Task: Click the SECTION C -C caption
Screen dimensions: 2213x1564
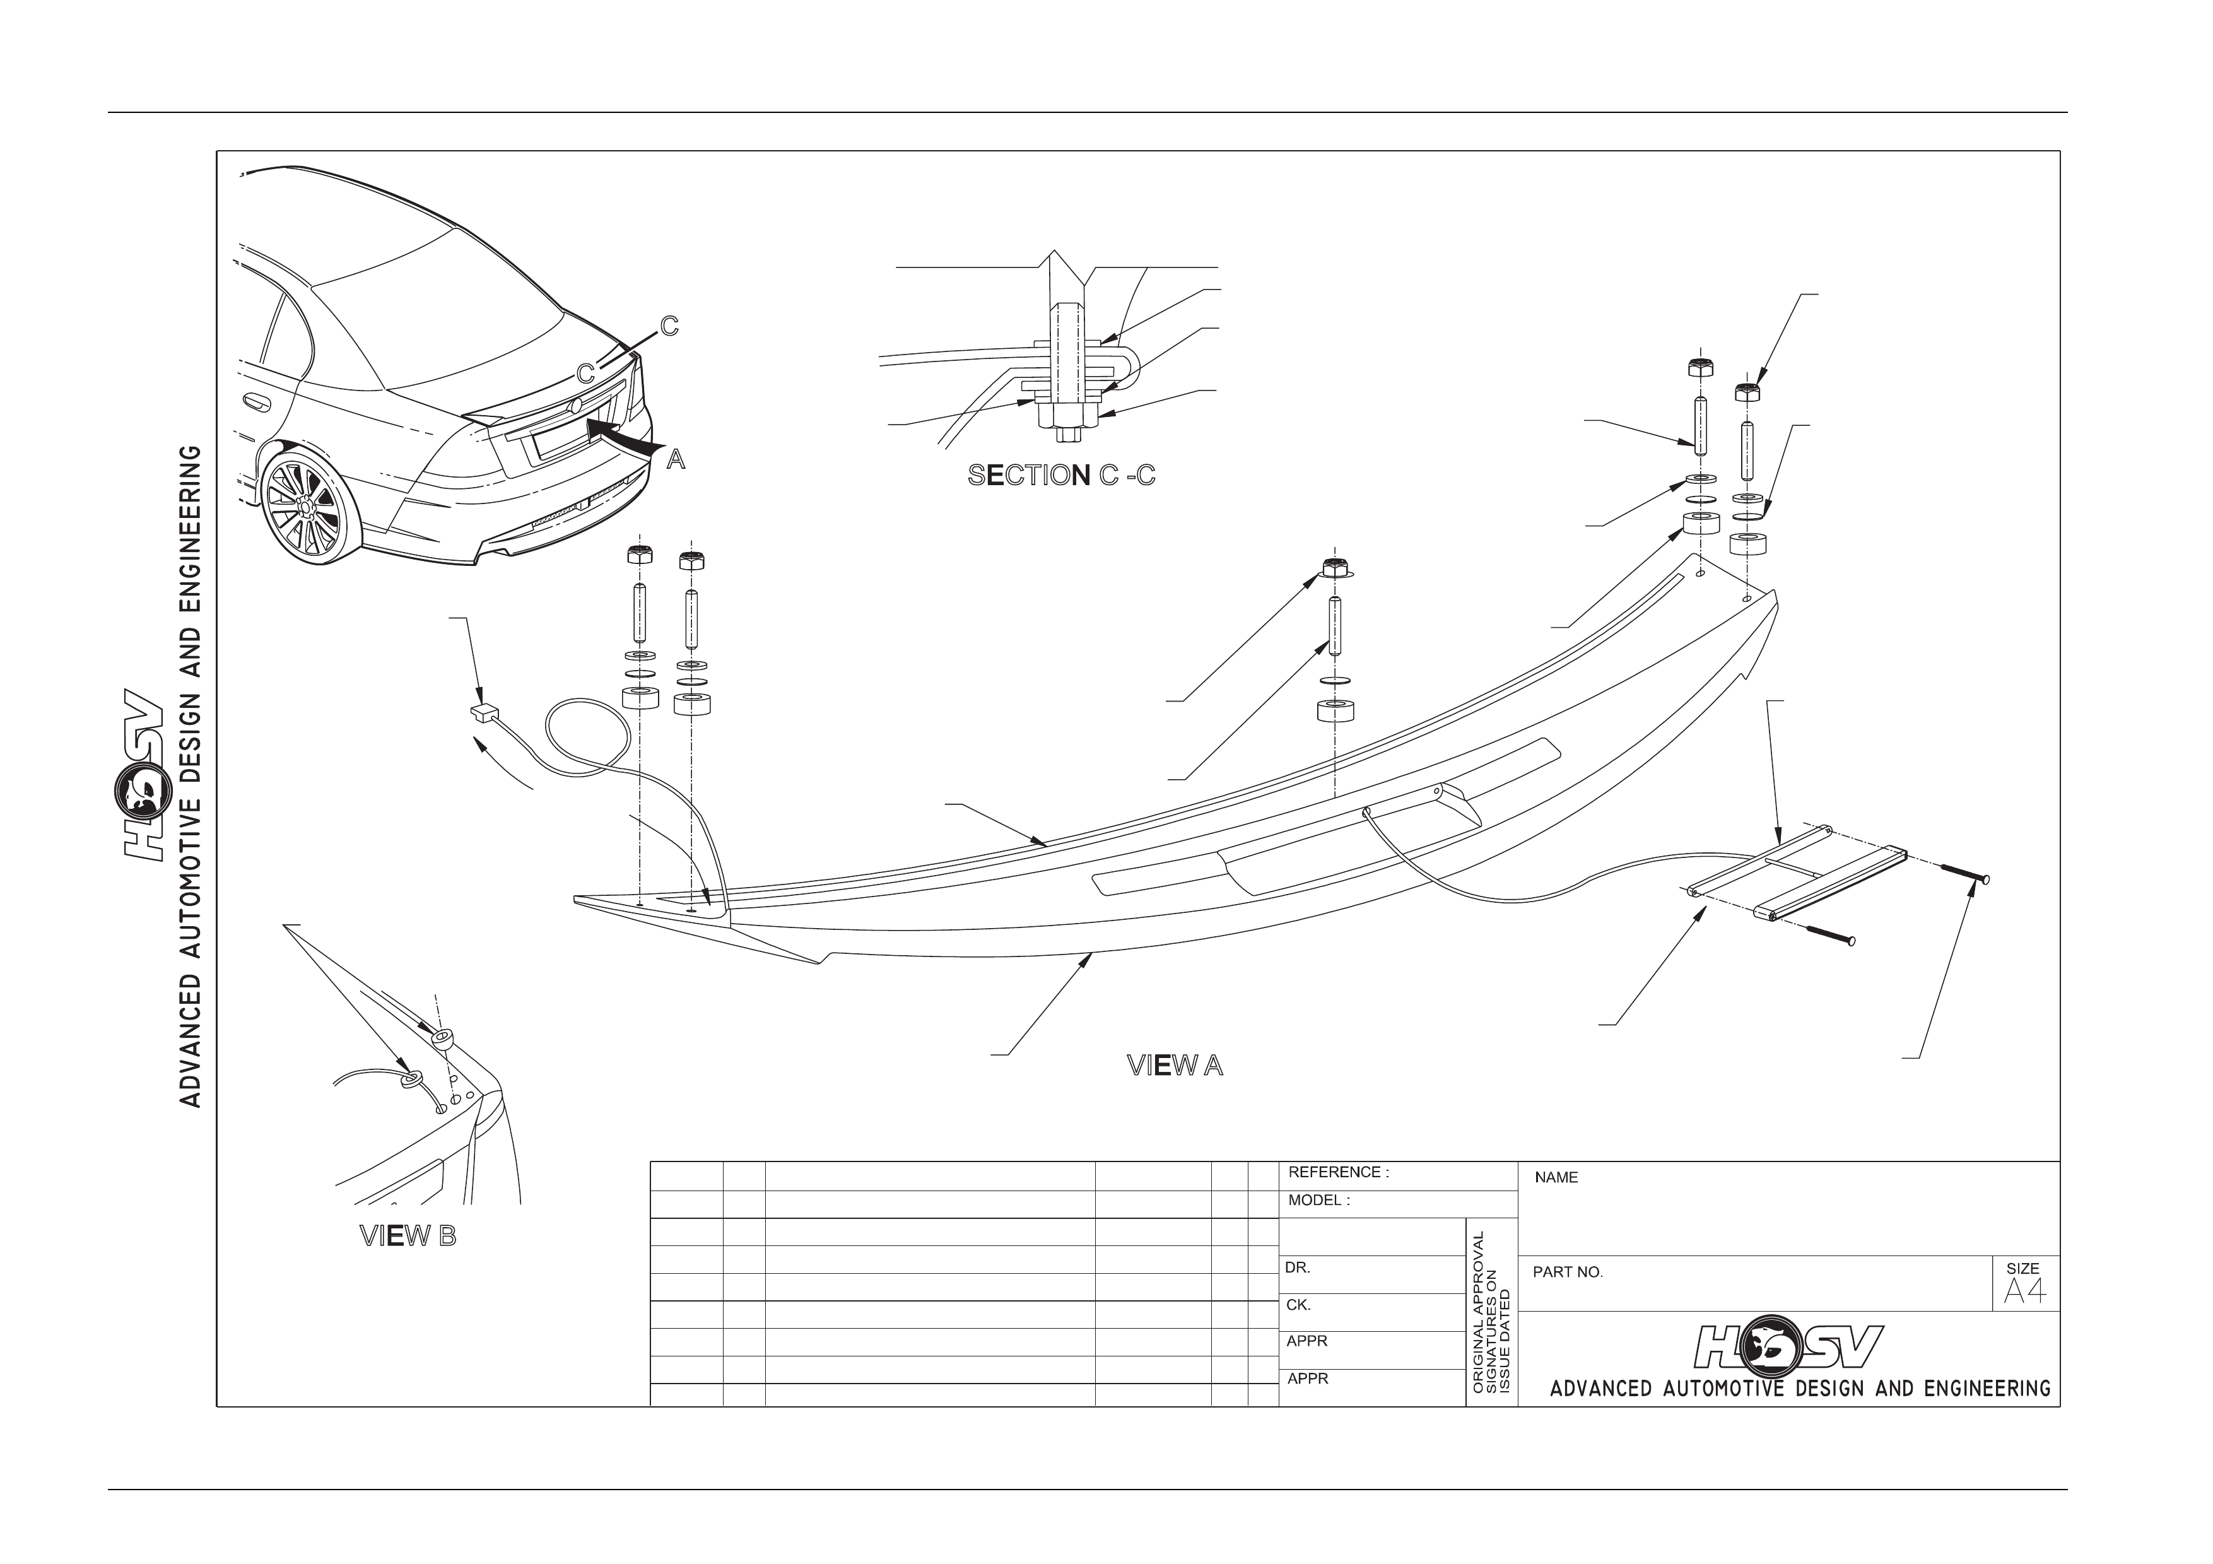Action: click(1061, 475)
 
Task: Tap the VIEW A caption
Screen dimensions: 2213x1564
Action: click(1175, 1066)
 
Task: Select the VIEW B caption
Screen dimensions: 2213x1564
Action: click(408, 1237)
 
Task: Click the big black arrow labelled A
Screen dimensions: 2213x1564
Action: click(624, 435)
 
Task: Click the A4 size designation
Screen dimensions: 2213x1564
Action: click(2024, 1291)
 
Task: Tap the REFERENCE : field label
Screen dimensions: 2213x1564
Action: click(1339, 1173)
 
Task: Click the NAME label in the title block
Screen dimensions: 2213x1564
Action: click(1557, 1178)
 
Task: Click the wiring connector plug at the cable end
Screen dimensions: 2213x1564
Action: click(483, 712)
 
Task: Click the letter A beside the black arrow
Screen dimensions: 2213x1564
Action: click(677, 461)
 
